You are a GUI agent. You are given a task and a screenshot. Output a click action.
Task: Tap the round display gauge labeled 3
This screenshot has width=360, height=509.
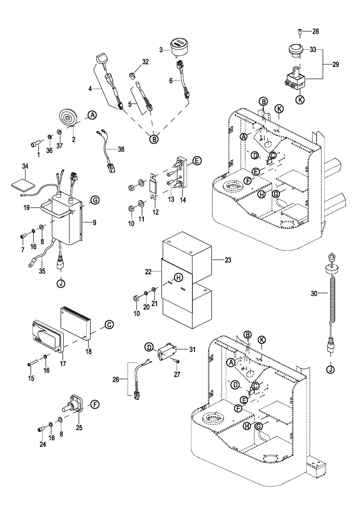(179, 46)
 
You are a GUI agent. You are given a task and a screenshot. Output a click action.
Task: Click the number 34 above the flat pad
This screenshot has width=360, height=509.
(25, 166)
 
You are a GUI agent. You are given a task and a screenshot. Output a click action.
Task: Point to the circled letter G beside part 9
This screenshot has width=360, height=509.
(94, 199)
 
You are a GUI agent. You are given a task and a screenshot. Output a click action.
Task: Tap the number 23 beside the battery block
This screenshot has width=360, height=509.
(228, 260)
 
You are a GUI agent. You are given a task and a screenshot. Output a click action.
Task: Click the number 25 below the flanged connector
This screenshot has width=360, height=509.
(79, 428)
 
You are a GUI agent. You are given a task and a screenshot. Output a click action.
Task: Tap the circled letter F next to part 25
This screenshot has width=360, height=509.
(94, 404)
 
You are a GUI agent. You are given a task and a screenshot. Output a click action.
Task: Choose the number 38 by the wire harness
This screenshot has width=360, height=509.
(121, 149)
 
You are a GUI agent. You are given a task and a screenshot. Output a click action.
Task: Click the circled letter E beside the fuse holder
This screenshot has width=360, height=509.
(197, 161)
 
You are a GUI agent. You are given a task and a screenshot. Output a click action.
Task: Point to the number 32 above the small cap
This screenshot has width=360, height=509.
(145, 62)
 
